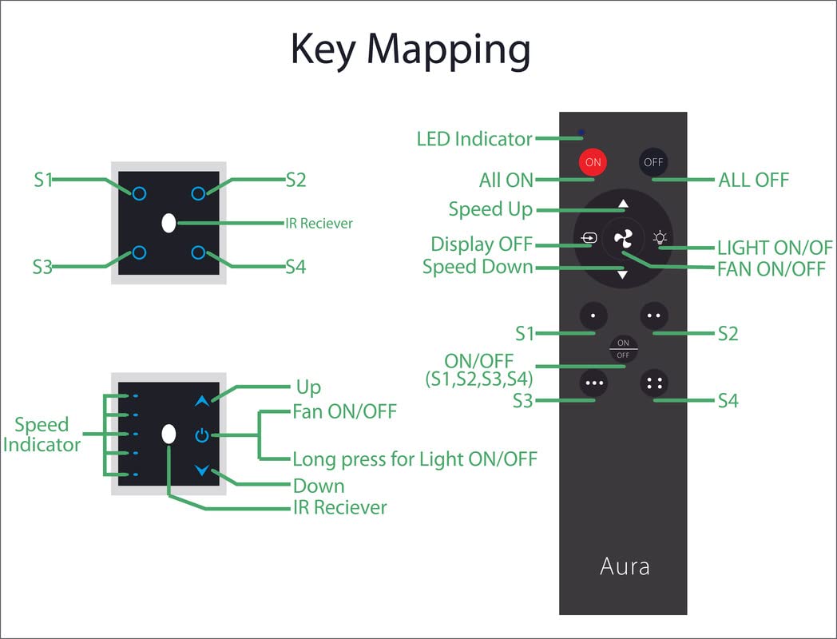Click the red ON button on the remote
593,161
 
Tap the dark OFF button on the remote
653,161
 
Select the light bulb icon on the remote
660,237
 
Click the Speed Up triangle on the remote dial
623,203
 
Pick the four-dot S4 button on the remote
654,383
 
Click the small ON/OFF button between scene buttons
623,349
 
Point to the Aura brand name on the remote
624,566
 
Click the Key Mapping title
410,50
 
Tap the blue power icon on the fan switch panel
201,435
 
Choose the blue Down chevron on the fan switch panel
201,470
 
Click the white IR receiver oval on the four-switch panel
169,223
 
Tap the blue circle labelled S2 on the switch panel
199,192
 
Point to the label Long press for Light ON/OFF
415,459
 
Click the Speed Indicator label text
42,435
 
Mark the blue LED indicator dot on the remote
581,132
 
